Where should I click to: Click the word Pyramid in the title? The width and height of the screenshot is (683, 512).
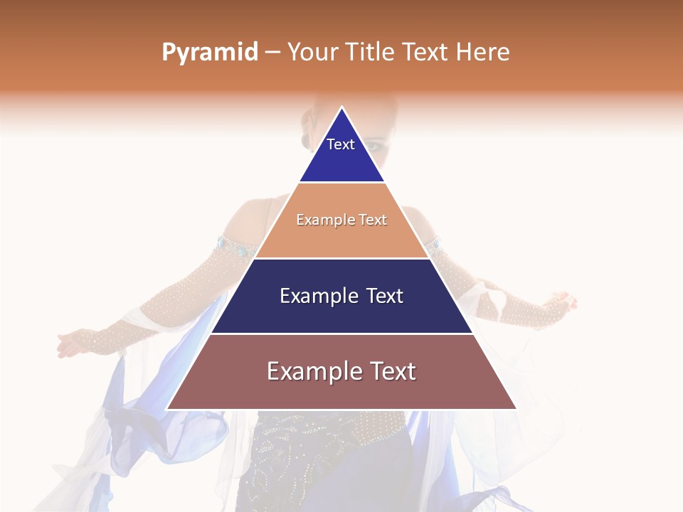pyautogui.click(x=209, y=53)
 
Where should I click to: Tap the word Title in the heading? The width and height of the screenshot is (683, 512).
pyautogui.click(x=373, y=53)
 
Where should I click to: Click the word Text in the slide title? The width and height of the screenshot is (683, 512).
pyautogui.click(x=427, y=53)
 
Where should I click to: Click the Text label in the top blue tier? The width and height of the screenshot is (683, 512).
pyautogui.click(x=341, y=144)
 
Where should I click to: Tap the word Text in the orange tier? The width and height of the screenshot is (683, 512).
pyautogui.click(x=373, y=220)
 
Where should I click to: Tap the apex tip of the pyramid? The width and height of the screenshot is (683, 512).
pyautogui.click(x=341, y=108)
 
